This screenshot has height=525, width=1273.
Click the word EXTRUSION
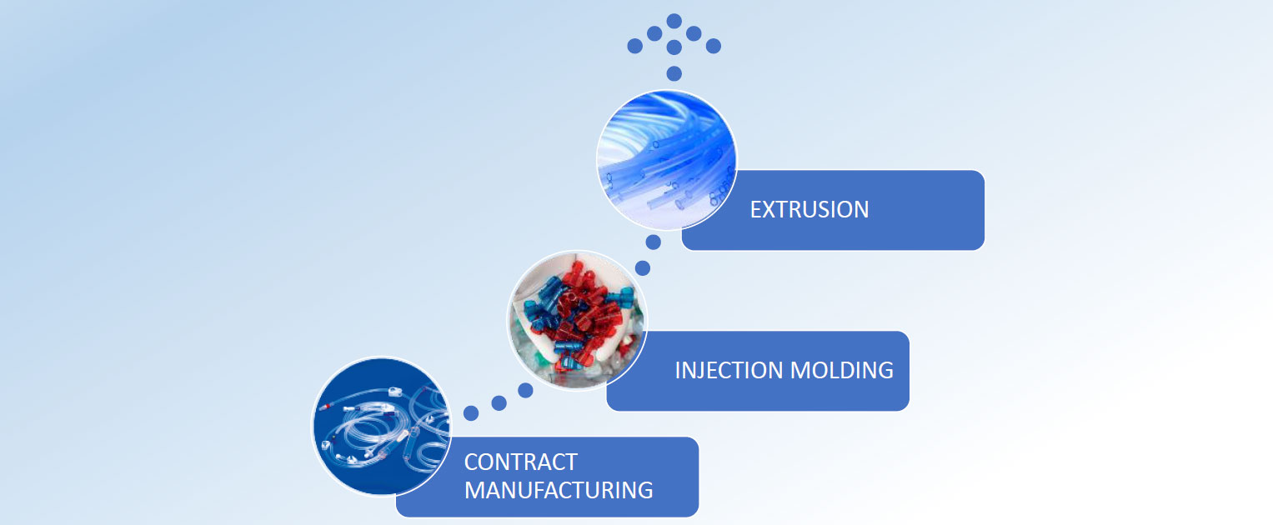click(x=809, y=209)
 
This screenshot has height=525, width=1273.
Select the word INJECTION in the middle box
click(x=726, y=370)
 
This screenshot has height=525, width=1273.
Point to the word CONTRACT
click(x=520, y=462)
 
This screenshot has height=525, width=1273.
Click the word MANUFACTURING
click(x=558, y=489)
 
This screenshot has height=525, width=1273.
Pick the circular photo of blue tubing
click(x=666, y=160)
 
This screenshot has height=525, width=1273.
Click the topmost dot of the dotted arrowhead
click(x=674, y=20)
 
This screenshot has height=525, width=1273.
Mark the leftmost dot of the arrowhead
click(x=634, y=46)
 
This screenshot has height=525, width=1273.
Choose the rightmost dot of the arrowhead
click(x=714, y=46)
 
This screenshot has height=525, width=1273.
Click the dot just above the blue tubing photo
click(x=674, y=73)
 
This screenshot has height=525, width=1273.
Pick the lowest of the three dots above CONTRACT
click(x=471, y=412)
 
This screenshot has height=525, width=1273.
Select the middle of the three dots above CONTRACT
click(x=499, y=403)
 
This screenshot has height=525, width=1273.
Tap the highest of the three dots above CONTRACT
click(x=525, y=389)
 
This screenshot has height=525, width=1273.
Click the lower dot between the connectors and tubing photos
click(x=642, y=267)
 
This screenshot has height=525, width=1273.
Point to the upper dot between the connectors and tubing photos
click(x=654, y=242)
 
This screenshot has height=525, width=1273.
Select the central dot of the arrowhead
click(x=674, y=47)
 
